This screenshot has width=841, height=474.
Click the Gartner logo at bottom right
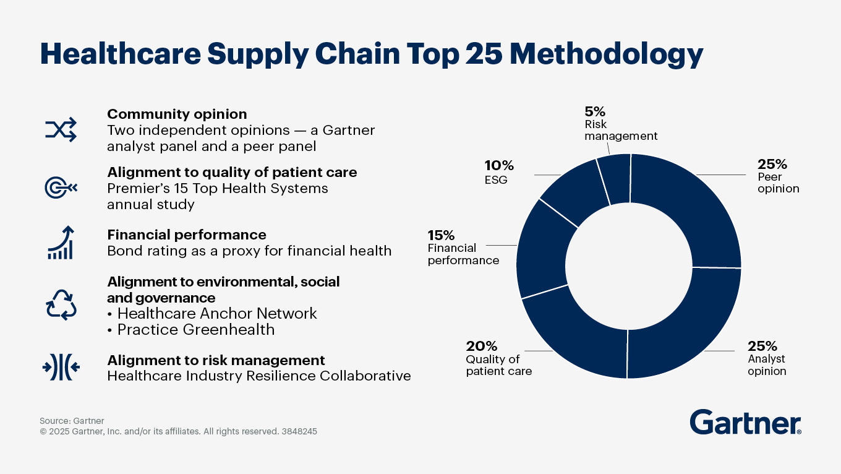coord(745,423)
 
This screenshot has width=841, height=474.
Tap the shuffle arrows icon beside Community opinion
coord(61,129)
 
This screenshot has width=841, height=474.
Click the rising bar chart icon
coord(61,243)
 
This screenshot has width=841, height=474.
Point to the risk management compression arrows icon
coord(61,367)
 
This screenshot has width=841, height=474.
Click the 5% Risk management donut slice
coord(614,179)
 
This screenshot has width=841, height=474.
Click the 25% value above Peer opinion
coord(772,165)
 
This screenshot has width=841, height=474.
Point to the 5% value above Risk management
coord(594,111)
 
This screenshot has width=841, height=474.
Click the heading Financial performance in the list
coord(187,235)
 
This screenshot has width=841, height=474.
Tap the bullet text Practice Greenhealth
coord(195,330)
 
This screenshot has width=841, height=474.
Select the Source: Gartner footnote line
coord(72,421)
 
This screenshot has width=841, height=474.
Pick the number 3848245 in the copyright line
coord(299,432)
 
